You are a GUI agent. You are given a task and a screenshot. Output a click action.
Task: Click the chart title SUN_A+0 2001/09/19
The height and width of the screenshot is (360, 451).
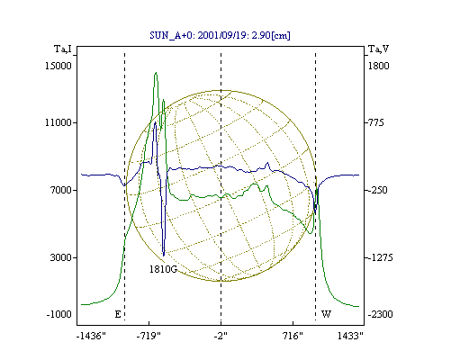coord(220,35)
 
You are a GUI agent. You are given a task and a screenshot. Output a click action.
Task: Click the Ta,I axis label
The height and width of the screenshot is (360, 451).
coord(63,49)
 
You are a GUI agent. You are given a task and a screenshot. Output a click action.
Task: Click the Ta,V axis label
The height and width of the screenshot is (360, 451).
coord(378,49)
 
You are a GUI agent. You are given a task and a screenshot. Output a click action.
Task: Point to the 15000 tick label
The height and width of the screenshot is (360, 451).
coord(59,66)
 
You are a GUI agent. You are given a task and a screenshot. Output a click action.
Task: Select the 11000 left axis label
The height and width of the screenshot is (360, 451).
coord(59,122)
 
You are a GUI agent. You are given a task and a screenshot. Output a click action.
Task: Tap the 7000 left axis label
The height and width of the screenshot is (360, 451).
coord(61,190)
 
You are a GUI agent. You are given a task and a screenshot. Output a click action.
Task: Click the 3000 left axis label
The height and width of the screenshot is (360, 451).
coord(61,257)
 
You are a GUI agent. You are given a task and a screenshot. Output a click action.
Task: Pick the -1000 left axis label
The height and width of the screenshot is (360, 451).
coord(59,314)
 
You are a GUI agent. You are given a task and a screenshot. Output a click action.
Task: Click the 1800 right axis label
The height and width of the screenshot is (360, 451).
coord(379,66)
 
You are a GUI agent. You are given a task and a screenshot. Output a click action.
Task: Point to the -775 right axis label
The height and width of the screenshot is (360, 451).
coord(374,122)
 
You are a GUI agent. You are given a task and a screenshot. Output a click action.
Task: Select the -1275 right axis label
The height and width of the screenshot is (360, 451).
coord(380,257)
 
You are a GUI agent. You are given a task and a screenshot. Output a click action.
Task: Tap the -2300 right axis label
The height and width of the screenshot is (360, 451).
coord(380,314)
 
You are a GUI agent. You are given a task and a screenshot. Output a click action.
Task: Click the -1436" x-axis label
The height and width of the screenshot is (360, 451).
coord(91,336)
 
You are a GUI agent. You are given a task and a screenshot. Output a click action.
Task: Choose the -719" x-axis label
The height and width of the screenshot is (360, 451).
coord(149,336)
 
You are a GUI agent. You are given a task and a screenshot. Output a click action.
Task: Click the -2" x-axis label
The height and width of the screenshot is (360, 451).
coord(221,336)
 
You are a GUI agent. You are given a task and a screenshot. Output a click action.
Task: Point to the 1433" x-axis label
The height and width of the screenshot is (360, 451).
coord(350,336)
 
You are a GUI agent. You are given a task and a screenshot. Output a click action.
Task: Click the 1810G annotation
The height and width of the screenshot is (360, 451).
coord(163,269)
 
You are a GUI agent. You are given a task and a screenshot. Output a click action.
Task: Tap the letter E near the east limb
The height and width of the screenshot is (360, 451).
coord(118,314)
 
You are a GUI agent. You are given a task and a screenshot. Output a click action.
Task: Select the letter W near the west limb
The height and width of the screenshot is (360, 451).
coord(326,314)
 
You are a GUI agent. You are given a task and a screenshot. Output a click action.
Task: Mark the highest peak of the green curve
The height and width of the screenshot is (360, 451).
coord(156,73)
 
